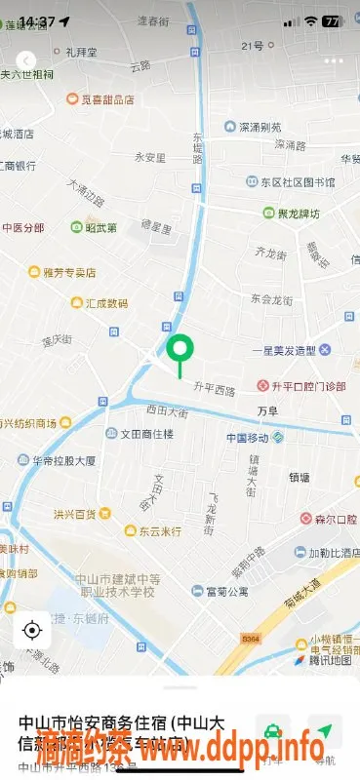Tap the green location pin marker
click(x=180, y=350)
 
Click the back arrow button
click(x=26, y=60)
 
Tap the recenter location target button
click(x=31, y=630)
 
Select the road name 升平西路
click(x=215, y=391)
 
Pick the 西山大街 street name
click(x=167, y=412)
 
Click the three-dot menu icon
click(x=335, y=59)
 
